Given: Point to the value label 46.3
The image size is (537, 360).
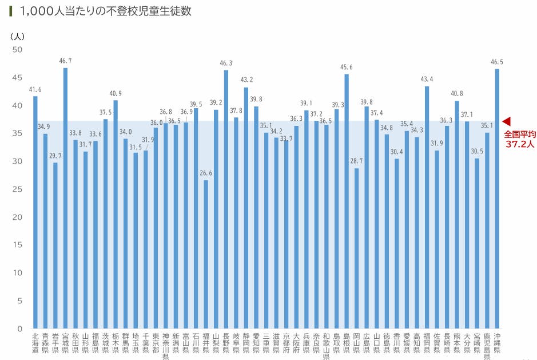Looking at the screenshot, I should click(x=226, y=63).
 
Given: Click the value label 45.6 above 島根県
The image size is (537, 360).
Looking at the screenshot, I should click(x=347, y=67).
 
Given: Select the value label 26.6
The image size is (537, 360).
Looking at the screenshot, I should click(x=206, y=173).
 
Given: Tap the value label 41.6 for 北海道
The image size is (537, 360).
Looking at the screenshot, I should click(x=35, y=89).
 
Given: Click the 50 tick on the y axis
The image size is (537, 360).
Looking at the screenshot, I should click(x=17, y=50).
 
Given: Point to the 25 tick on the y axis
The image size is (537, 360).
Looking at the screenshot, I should click(x=17, y=189).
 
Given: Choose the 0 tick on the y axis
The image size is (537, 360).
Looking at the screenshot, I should click(x=19, y=329).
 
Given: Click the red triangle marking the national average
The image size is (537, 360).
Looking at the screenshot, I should click(x=506, y=121).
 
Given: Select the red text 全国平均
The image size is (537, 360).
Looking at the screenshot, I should click(x=519, y=134).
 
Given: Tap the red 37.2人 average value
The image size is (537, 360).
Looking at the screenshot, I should click(x=519, y=144).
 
